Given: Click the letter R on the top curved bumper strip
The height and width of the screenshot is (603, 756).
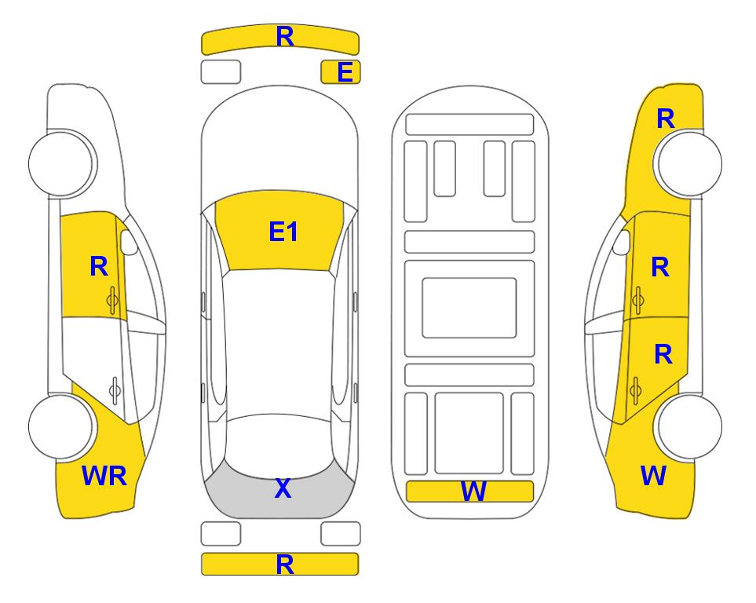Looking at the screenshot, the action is (285, 37).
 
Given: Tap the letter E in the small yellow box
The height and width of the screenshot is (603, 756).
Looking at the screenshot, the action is (345, 72).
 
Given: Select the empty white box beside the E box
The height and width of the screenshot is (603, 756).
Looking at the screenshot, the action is (221, 72).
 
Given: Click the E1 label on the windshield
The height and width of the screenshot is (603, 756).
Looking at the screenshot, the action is (283, 232).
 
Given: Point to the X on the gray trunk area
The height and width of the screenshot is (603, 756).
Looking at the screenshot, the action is (283, 488).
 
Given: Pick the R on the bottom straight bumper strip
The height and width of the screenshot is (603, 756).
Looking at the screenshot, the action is (285, 565).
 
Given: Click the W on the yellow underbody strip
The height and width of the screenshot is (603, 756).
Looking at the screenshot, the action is (473, 492).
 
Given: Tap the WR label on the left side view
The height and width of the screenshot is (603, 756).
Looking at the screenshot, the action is (104, 476).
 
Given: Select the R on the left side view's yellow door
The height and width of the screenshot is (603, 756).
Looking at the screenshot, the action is (99, 266).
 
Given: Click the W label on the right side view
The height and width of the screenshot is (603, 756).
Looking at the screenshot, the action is (653, 476).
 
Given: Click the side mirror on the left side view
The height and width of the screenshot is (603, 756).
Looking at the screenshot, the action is (128, 242).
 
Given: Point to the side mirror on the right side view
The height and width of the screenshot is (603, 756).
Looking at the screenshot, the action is (622, 242).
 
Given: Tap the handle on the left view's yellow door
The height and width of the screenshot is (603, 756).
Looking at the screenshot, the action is (112, 301).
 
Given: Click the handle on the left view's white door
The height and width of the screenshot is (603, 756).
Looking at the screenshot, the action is (115, 389).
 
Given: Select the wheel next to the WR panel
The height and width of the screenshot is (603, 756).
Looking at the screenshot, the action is (61, 426).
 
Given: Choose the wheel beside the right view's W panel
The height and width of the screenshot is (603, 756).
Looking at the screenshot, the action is (689, 426).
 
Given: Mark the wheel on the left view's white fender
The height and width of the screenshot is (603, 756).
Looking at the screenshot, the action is (61, 163).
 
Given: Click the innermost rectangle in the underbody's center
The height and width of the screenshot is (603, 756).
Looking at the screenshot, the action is (469, 308).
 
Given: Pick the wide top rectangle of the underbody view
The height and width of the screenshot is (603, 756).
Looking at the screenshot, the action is (469, 125).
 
